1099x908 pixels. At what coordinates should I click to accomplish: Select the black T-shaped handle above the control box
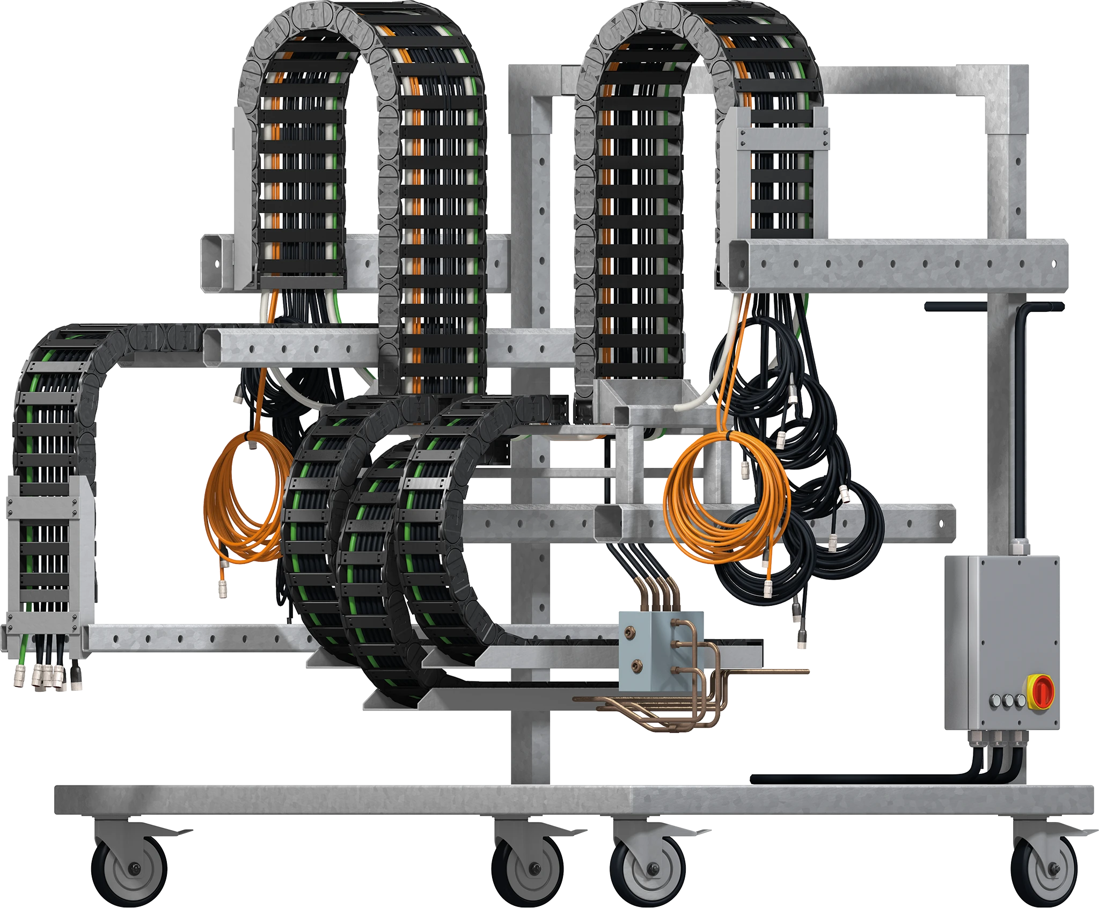tap(993, 307)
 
